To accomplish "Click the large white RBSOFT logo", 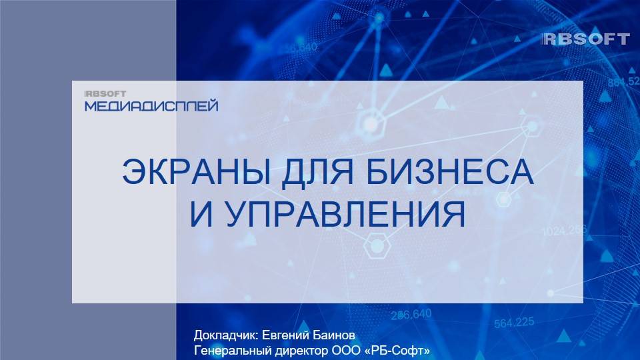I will [586, 39].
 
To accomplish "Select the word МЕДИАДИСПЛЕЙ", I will [151, 106].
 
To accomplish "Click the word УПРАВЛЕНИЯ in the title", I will [342, 215].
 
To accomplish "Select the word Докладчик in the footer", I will [223, 335].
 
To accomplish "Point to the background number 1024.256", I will [564, 231].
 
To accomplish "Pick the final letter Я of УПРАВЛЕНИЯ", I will [453, 215].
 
